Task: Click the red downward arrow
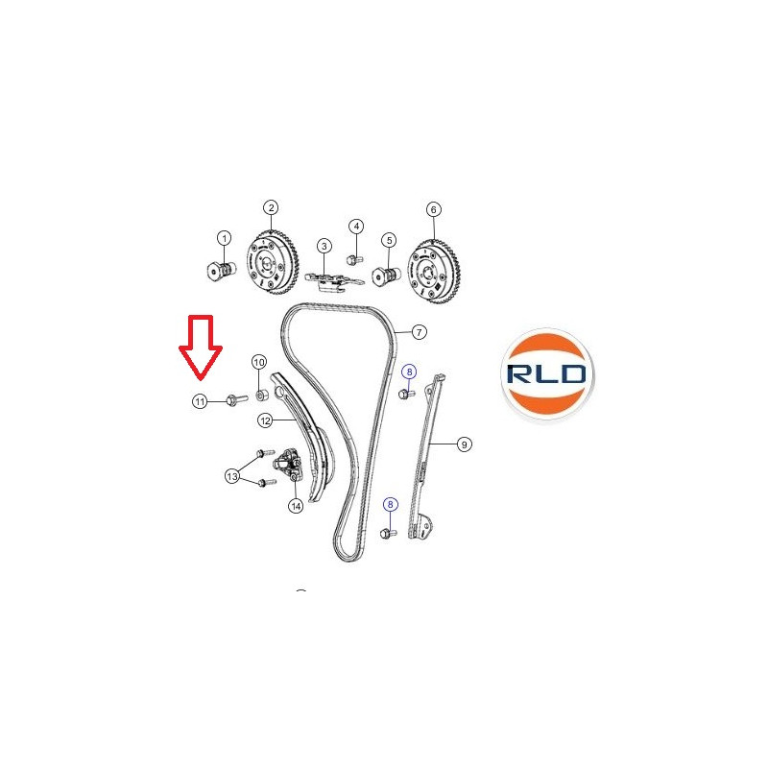point(201,347)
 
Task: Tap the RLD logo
point(546,373)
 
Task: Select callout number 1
point(225,238)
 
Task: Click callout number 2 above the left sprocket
point(271,207)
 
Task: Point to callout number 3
point(324,246)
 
